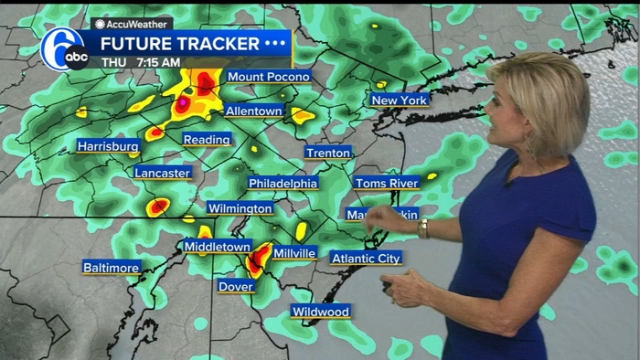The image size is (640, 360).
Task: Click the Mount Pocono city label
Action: coord(269,77)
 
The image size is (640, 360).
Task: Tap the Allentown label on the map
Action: coord(253,111)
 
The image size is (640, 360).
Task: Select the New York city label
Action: coord(399,100)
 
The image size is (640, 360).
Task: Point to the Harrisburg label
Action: coord(108,146)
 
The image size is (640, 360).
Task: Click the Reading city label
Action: coord(206,140)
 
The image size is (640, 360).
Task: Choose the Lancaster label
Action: coord(163,173)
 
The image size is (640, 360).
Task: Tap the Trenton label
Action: coord(327,153)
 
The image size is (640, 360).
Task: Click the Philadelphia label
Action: coord(283,183)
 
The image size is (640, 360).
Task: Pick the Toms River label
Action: coord(386,183)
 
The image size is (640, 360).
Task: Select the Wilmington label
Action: coord(240,208)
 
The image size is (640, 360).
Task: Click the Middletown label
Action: coord(217,247)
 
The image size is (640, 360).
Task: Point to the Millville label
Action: coord(294,252)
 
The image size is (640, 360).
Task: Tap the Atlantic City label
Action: coord(366,259)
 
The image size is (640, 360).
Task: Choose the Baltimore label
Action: coord(112,268)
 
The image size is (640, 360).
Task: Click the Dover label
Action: coord(235,286)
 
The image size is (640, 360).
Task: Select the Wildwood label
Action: coord(320,312)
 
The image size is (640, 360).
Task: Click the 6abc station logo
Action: coord(64,48)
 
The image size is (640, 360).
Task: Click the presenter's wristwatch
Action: coord(422,228)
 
